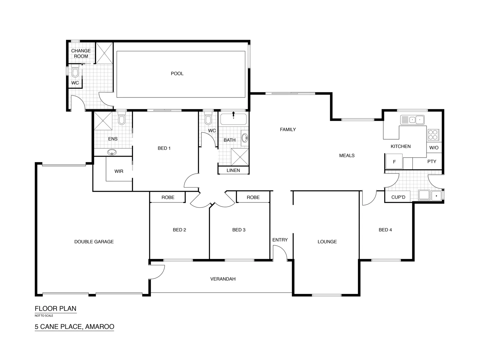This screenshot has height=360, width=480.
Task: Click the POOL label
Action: click(177, 74)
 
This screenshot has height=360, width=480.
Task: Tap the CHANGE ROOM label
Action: click(81, 54)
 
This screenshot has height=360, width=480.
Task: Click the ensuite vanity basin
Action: click(113, 153)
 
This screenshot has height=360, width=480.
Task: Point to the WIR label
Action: click(119, 171)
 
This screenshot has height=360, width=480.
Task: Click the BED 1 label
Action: click(164, 148)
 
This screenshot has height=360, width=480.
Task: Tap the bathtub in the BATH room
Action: click(233, 119)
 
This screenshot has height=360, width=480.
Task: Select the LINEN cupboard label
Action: click(233, 170)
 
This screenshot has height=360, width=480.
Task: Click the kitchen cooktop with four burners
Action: click(433, 135)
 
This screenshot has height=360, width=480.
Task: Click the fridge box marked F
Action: click(394, 162)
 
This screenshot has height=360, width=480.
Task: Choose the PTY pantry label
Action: click(432, 161)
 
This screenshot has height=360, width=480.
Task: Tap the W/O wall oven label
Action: click(434, 148)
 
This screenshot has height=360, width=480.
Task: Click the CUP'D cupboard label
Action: click(398, 197)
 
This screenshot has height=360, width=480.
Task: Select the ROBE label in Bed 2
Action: click(168, 197)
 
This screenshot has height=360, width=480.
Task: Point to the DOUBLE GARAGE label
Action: click(94, 242)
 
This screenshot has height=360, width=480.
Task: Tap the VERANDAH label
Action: click(223, 279)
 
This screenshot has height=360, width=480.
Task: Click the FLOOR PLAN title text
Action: click(56, 309)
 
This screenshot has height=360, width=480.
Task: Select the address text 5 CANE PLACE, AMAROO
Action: click(74, 327)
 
